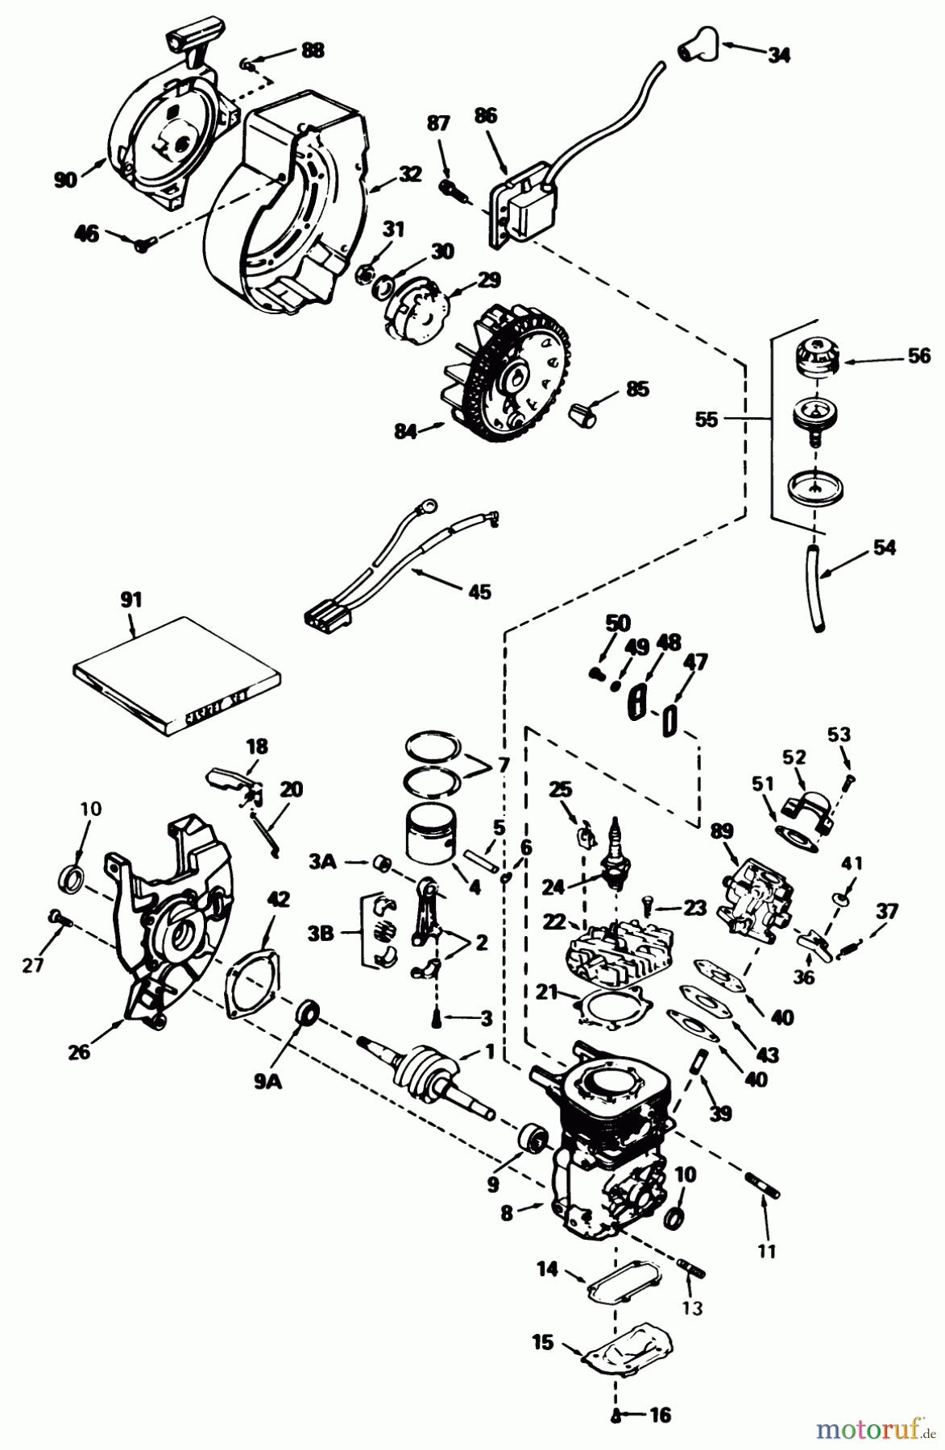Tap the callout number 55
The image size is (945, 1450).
pos(706,420)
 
